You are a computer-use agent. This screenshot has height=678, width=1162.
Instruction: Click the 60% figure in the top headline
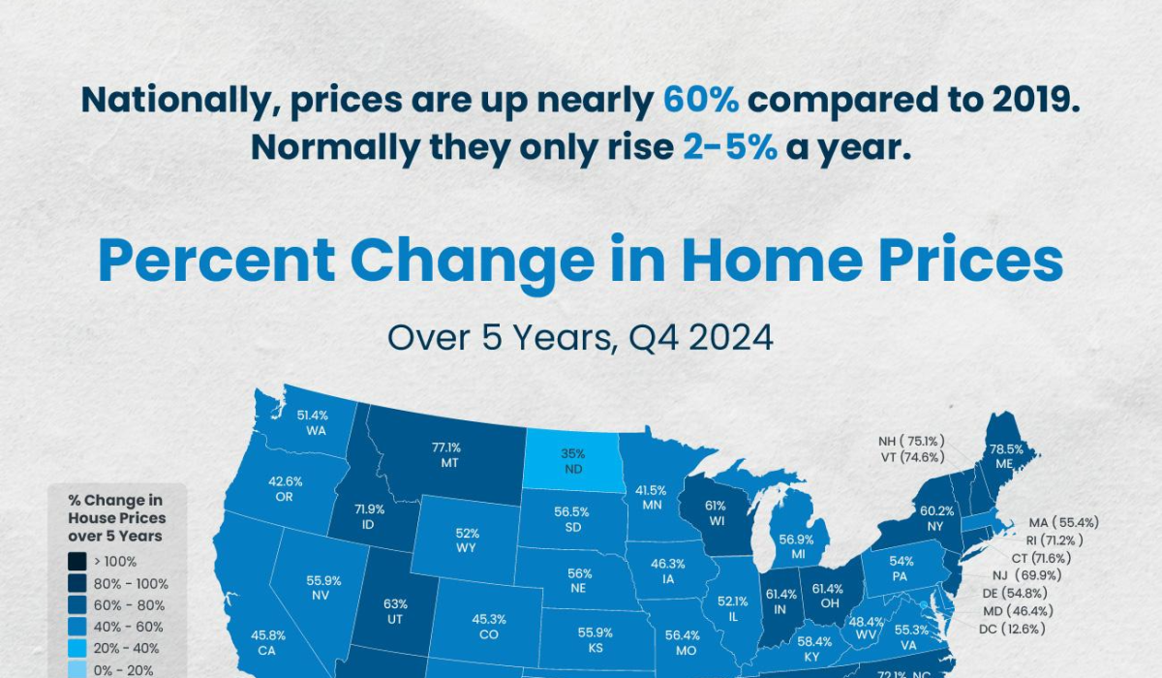(x=701, y=100)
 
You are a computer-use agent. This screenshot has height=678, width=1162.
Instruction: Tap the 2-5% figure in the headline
(x=730, y=147)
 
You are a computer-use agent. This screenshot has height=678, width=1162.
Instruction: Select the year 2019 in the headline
(x=1036, y=100)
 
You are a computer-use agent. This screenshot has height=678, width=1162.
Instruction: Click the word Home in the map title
(x=772, y=260)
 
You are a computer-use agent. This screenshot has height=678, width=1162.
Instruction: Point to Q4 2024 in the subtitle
(x=701, y=338)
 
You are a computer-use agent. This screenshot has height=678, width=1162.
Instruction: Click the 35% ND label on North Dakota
(x=572, y=461)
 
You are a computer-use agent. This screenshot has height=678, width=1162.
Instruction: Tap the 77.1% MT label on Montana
(x=446, y=455)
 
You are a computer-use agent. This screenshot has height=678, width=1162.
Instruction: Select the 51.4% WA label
(x=313, y=422)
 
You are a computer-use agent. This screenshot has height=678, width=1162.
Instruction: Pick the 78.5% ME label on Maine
(x=1006, y=456)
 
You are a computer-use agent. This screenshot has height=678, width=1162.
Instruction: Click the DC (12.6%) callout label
(x=1012, y=630)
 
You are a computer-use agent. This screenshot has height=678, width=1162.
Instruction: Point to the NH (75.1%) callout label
(x=911, y=441)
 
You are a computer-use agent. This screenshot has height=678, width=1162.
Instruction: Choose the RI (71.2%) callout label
(x=1055, y=540)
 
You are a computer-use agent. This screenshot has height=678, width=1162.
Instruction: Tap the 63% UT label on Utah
(x=395, y=611)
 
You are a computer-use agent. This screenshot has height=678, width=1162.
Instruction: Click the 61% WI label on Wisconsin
(x=716, y=513)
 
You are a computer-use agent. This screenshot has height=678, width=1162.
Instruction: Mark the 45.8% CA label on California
(x=267, y=643)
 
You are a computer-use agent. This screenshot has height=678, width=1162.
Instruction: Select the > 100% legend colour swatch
(x=77, y=561)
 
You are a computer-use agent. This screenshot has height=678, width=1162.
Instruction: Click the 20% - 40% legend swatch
(x=77, y=648)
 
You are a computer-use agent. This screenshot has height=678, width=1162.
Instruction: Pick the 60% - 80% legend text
(x=129, y=605)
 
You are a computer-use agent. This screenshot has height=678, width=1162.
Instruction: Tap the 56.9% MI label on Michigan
(x=796, y=546)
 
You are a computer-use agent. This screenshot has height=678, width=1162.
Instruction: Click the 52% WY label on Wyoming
(x=467, y=540)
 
